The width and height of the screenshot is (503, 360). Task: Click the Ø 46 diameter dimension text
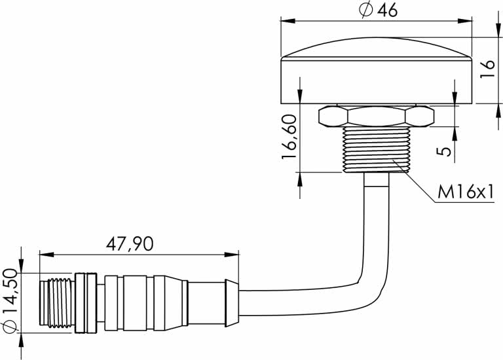pyautogui.click(x=378, y=10)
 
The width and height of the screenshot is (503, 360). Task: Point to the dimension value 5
pyautogui.click(x=444, y=151)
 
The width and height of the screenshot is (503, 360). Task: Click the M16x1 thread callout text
pyautogui.click(x=465, y=192)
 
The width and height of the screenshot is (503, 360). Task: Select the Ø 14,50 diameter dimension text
pyautogui.click(x=10, y=298)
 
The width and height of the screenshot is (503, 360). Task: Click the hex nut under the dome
pyautogui.click(x=376, y=117)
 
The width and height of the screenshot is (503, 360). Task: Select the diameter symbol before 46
pyautogui.click(x=365, y=10)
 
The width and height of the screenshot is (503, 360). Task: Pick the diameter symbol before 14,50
pyautogui.click(x=10, y=325)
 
